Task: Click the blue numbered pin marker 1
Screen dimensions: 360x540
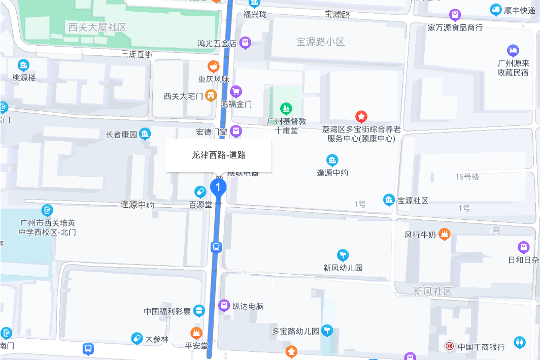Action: [218, 188]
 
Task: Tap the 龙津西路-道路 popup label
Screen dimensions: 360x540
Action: [219, 155]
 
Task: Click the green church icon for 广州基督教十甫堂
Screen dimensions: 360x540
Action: [286, 108]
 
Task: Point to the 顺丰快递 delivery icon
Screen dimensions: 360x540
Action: [496, 10]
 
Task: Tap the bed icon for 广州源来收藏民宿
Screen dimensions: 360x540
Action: [513, 51]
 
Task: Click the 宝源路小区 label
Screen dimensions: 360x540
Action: [320, 42]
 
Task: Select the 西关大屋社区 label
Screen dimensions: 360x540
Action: [97, 27]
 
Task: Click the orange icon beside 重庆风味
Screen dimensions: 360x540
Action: [214, 67]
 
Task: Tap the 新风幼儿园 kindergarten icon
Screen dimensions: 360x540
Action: [343, 255]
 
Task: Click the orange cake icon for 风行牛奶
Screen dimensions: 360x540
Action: [445, 235]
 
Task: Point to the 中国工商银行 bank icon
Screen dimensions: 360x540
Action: [450, 347]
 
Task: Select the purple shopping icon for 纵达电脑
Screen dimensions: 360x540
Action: [224, 306]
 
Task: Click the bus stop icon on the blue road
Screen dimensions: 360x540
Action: [216, 247]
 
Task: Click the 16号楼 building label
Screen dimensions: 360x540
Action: [467, 177]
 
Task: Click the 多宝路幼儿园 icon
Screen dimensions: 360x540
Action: [327, 331]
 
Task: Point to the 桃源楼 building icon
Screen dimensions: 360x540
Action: [23, 65]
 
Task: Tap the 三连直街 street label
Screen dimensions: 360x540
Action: [137, 54]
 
